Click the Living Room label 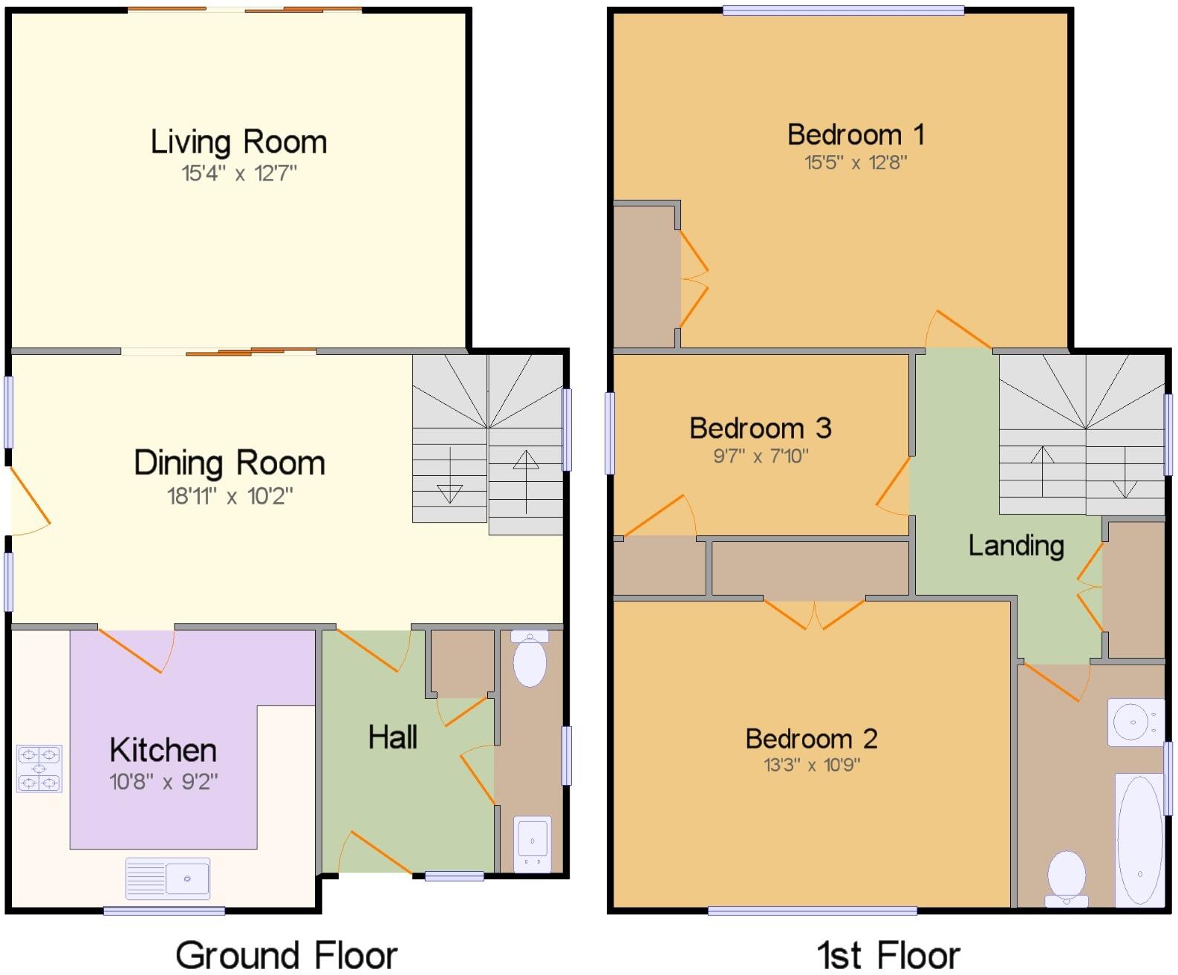[x=238, y=142]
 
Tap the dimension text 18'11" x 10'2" [x=230, y=496]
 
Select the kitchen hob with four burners [x=39, y=769]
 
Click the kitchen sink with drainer [x=168, y=878]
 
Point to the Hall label [x=393, y=737]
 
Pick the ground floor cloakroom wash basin [x=533, y=843]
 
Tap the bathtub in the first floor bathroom [x=1139, y=840]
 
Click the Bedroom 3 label [x=760, y=428]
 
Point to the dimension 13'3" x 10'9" [x=812, y=765]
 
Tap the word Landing [x=1016, y=546]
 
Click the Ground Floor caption [x=287, y=955]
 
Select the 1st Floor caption [x=888, y=955]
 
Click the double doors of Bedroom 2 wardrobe [x=815, y=613]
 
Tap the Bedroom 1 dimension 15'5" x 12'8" [x=856, y=163]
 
